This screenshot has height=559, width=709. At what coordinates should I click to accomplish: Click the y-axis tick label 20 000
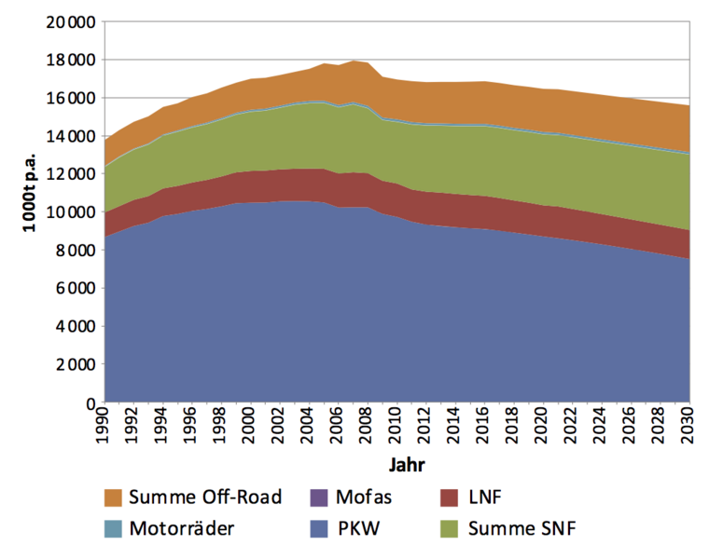click(x=71, y=21)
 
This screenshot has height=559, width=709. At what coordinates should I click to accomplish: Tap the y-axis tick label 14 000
click(x=71, y=136)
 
